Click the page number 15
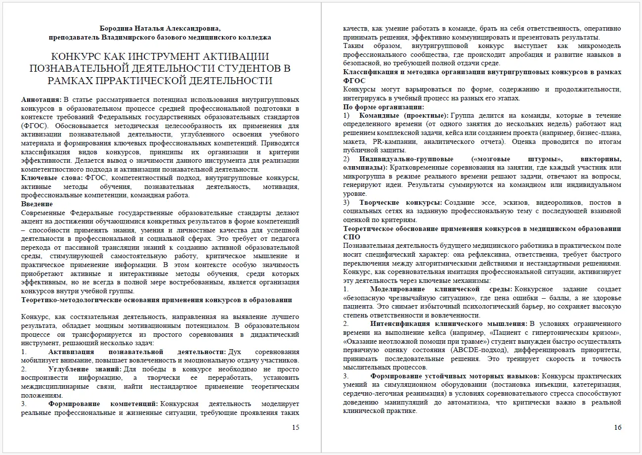coord(296,428)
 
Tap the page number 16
coord(617,428)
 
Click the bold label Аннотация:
coord(42,100)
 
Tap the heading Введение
coord(37,204)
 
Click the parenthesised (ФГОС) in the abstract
coord(33,126)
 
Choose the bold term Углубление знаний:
coord(85,369)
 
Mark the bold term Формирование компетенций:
coord(103,404)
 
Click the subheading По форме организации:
coord(384,107)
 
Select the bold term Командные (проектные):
coord(404,115)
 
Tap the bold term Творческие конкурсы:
coord(401,203)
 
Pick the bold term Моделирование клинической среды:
coord(441,289)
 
